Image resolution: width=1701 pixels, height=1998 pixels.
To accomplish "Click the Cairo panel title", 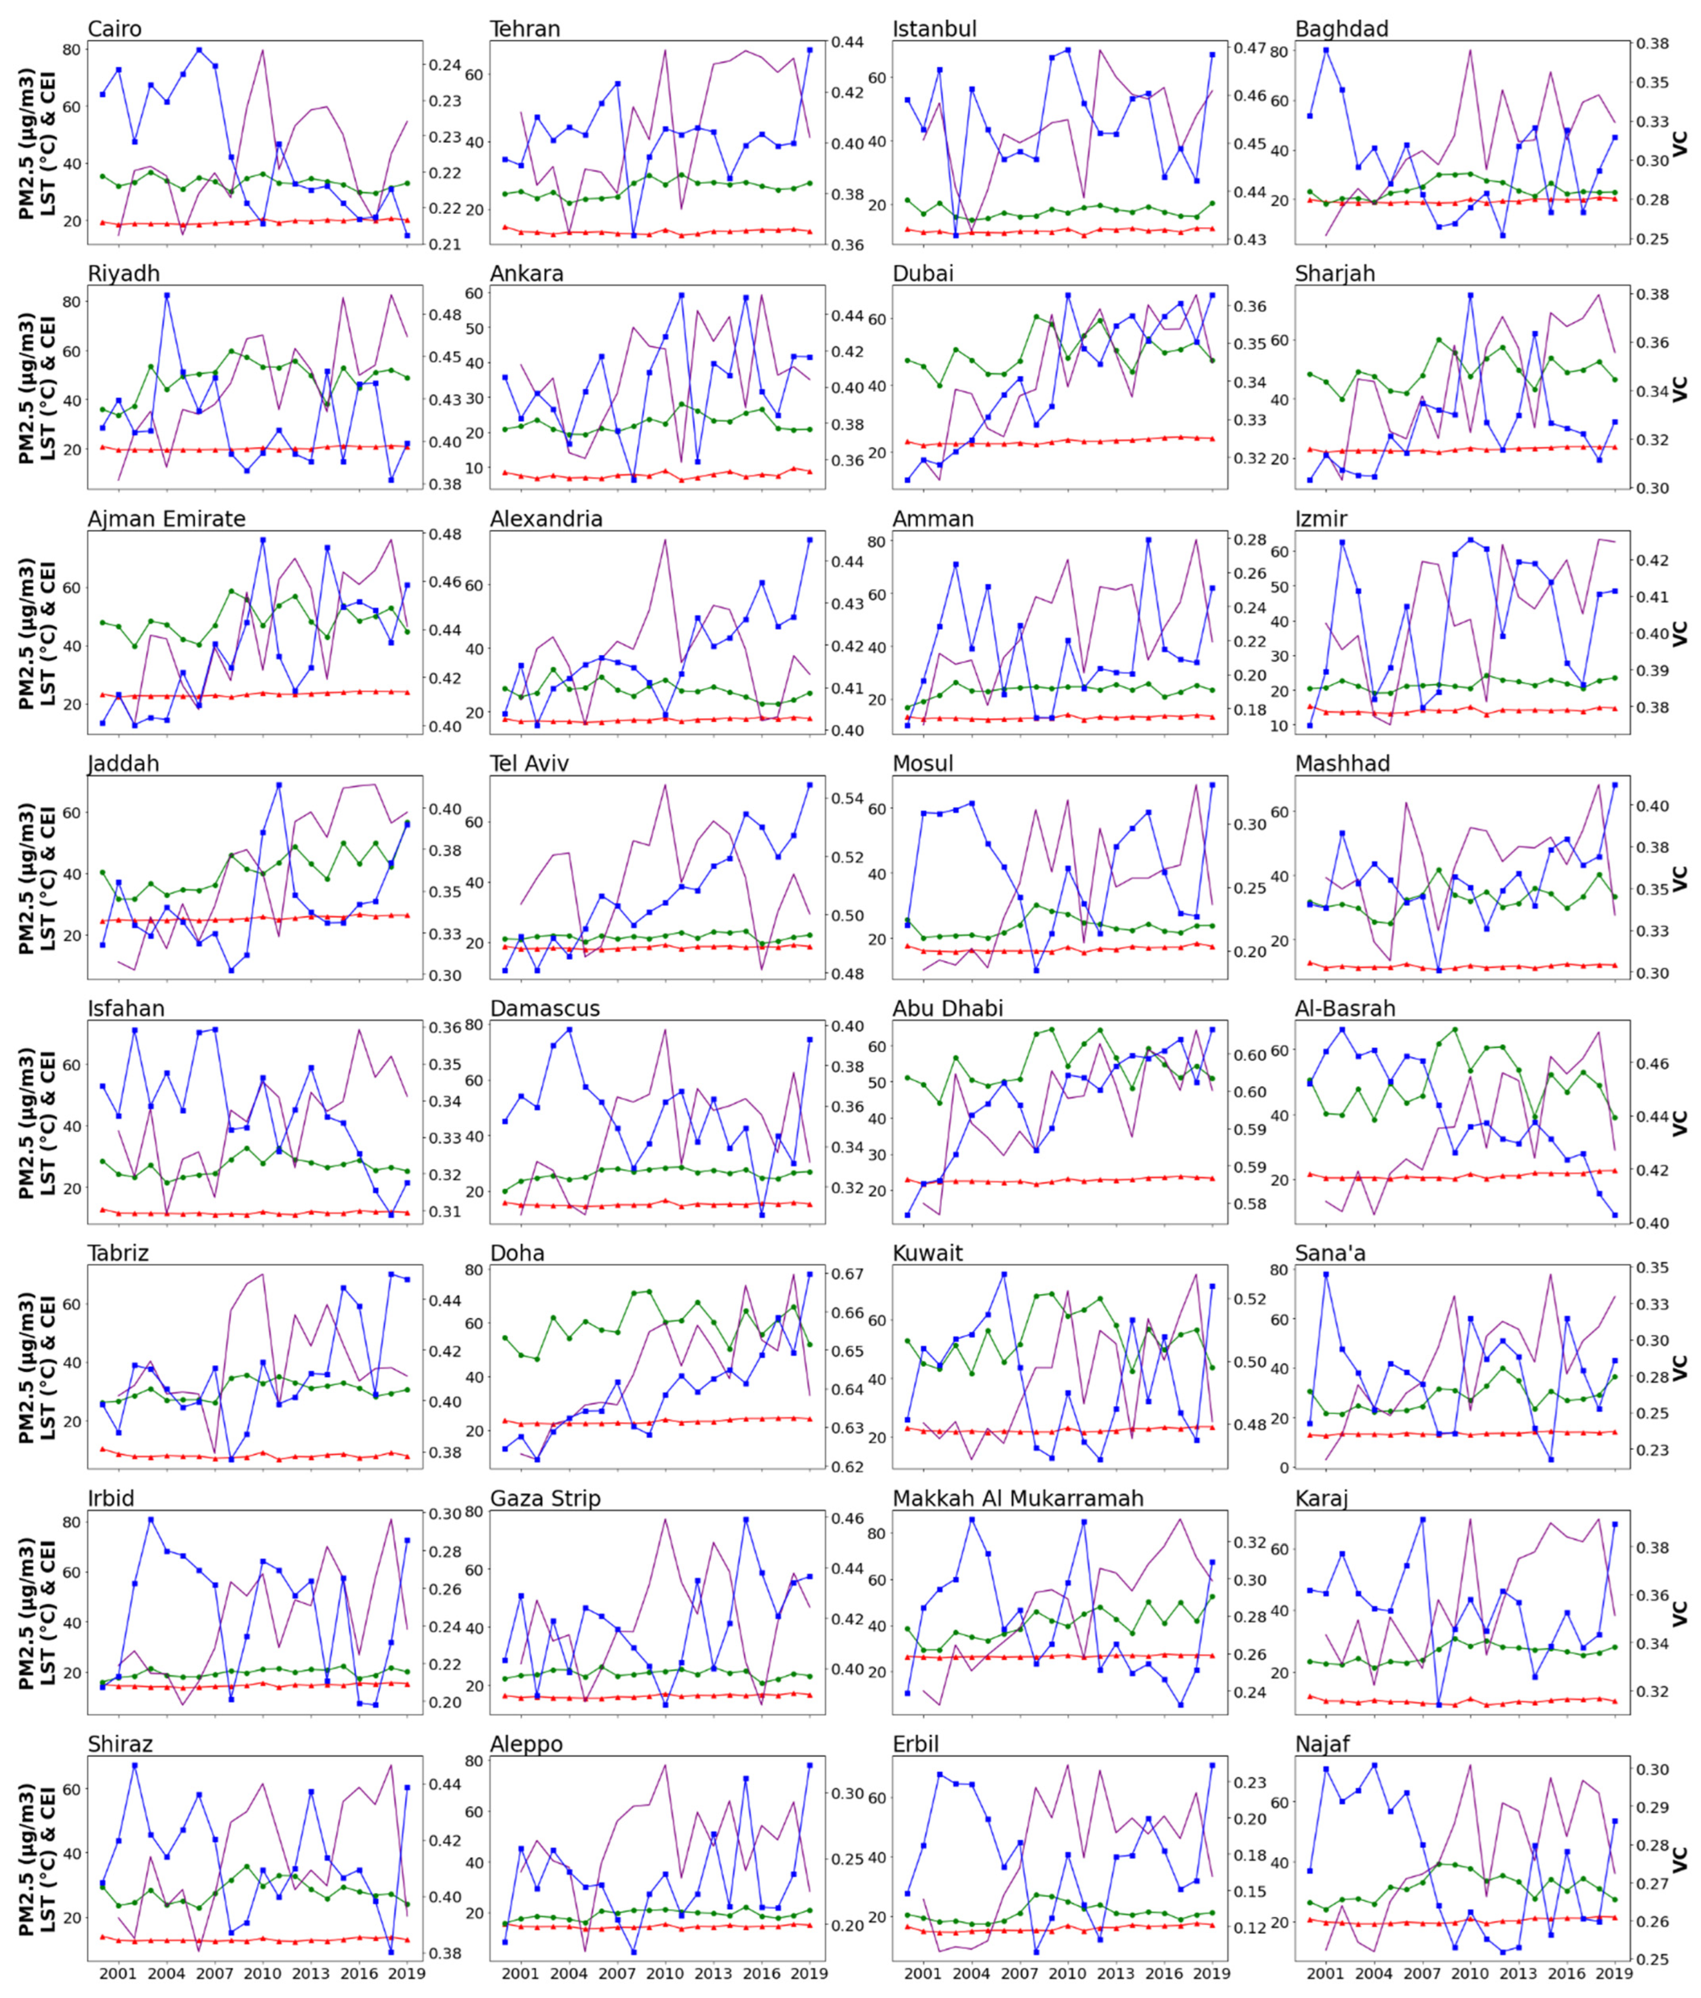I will [115, 29].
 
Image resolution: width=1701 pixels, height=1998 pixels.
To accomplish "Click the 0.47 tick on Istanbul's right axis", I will [1251, 48].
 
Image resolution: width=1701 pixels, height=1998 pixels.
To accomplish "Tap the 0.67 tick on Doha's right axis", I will [848, 1275].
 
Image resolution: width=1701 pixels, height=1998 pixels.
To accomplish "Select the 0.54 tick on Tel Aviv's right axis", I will [848, 798].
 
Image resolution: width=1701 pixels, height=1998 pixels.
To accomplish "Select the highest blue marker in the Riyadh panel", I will [167, 295].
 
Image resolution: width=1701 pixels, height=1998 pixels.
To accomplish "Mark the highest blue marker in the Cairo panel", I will [199, 50].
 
